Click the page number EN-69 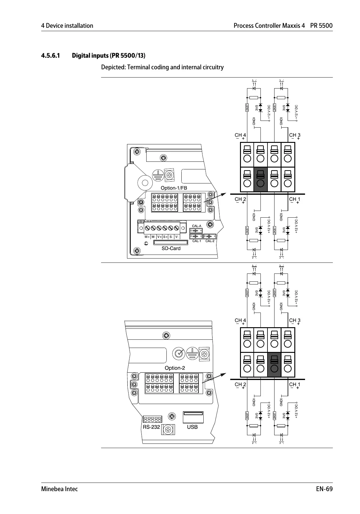tap(324, 489)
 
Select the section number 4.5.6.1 tap(50, 56)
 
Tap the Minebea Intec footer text tap(60, 489)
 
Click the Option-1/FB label tap(174, 188)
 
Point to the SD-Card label tap(171, 248)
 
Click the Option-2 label tap(175, 368)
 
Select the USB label tap(192, 427)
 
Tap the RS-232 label tap(151, 427)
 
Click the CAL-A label tap(197, 226)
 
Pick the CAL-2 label tap(210, 241)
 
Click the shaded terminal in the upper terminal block tap(260, 179)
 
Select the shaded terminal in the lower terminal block tap(274, 365)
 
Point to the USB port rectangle tap(193, 417)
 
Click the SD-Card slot tap(171, 242)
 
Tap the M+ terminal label tap(147, 237)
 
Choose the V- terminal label tap(177, 237)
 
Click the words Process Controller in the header tap(257, 26)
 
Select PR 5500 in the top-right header tap(322, 26)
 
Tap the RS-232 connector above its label tap(152, 419)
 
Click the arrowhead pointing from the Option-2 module tap(223, 374)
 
